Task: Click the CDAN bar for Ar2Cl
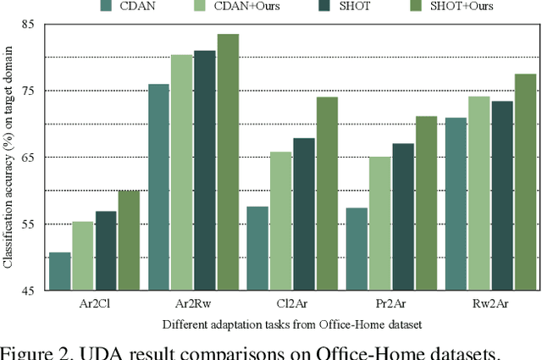pos(60,271)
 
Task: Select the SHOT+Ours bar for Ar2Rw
pos(228,162)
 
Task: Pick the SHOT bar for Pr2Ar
pos(403,217)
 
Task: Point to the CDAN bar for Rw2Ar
pos(456,204)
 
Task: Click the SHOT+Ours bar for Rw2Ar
pos(525,182)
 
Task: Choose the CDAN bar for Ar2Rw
pos(159,187)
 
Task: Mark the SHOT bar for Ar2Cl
pos(106,251)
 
